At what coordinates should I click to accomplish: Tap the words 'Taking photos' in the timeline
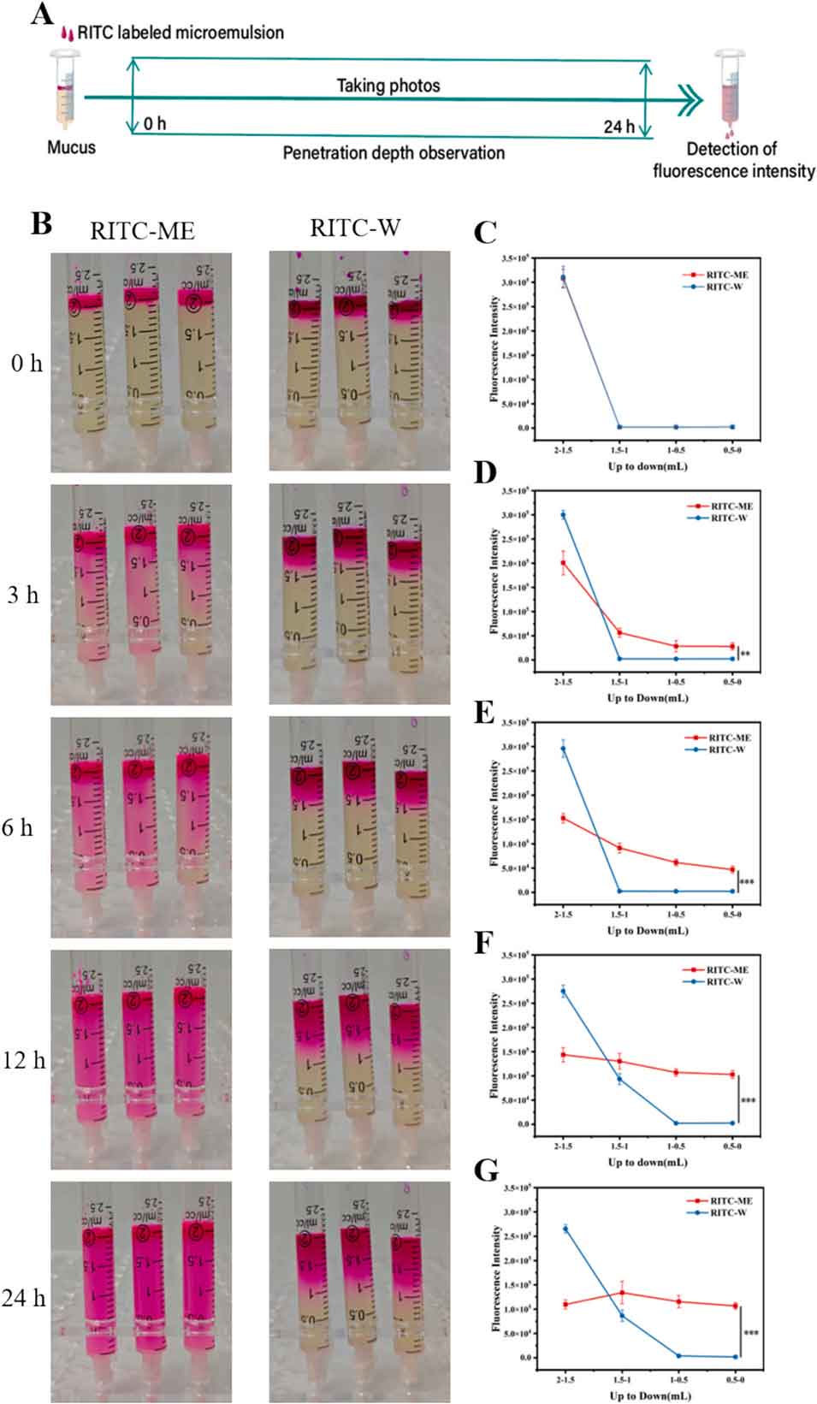[388, 86]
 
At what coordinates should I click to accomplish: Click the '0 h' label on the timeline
[155, 124]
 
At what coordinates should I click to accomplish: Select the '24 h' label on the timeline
[619, 127]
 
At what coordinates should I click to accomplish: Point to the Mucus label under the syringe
[71, 147]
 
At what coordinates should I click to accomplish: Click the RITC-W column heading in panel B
[355, 228]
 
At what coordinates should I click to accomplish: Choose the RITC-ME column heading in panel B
[142, 230]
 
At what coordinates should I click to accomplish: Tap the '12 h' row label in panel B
[23, 1060]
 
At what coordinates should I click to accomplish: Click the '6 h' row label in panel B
[17, 827]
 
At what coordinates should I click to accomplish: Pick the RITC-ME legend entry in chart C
[726, 275]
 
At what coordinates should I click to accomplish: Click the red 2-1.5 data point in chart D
[563, 562]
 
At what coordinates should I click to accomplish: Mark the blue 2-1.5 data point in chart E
[563, 749]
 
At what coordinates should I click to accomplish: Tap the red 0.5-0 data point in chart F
[732, 1075]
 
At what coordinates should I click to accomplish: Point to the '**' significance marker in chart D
[745, 655]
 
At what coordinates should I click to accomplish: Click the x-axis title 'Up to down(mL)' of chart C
[647, 466]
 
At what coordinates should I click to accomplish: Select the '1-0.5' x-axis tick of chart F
[676, 1146]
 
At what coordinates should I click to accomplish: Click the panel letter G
[486, 1170]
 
